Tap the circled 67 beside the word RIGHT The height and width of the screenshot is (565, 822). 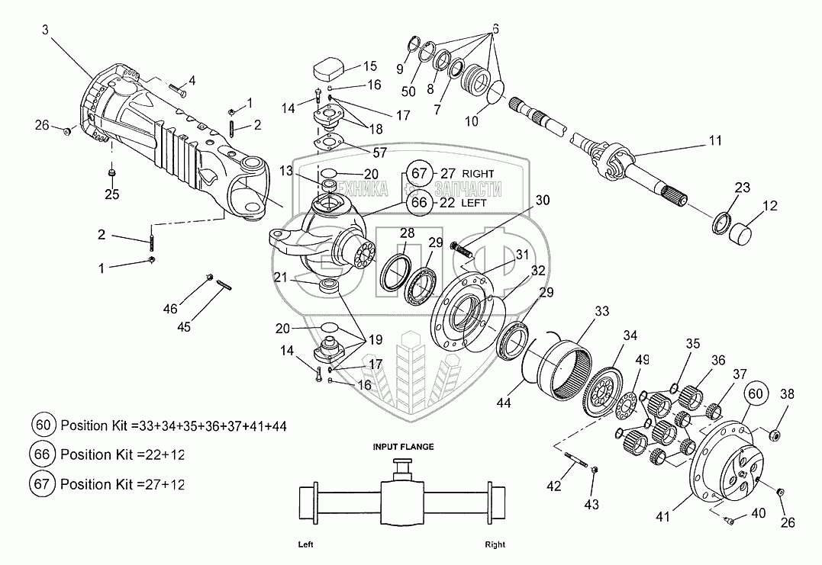tap(419, 174)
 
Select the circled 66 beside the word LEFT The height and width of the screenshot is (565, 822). tap(419, 202)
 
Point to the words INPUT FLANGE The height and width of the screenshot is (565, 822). tap(403, 448)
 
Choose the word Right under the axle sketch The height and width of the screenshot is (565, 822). tap(495, 545)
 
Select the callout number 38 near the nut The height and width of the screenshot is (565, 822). tap(785, 395)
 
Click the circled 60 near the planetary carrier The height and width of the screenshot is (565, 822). tap(754, 394)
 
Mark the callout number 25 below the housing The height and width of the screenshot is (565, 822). tap(111, 195)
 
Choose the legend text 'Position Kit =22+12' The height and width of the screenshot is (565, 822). tap(123, 454)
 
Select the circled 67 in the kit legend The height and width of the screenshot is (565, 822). tap(42, 483)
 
